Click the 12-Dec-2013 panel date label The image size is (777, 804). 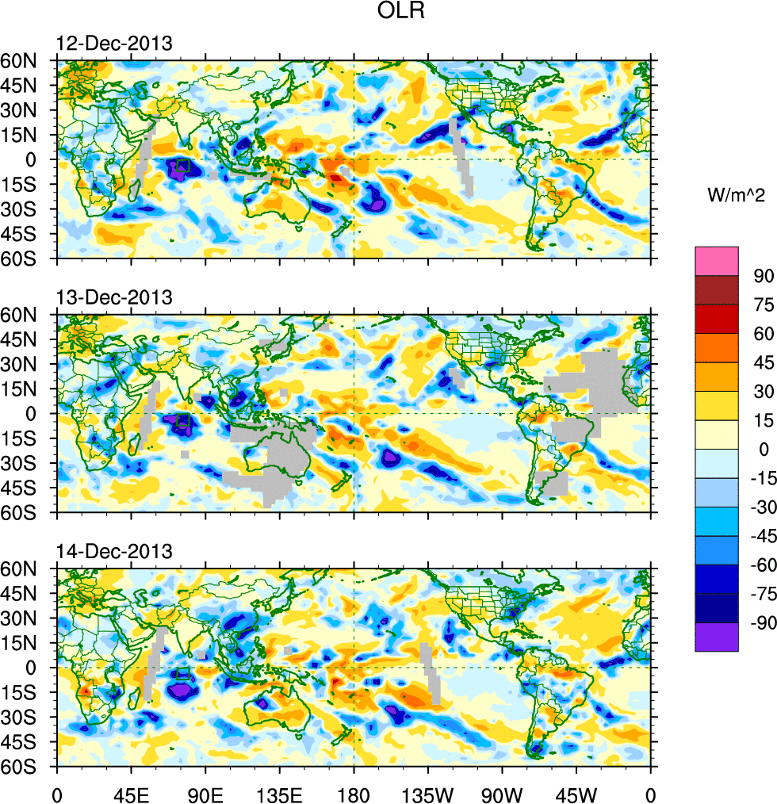point(113,44)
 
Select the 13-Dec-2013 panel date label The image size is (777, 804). point(113,297)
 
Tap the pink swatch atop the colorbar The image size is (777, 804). point(717,260)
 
